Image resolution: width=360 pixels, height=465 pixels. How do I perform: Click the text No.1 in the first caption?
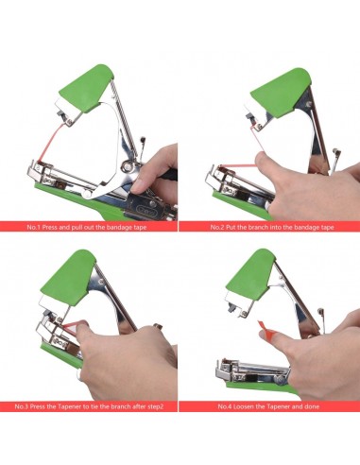(34, 227)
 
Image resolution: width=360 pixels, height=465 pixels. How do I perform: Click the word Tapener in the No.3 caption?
(70, 406)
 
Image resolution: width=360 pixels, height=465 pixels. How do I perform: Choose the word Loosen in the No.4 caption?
(244, 406)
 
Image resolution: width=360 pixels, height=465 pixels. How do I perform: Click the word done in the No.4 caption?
(312, 406)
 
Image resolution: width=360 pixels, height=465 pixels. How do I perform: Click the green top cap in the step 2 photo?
(281, 93)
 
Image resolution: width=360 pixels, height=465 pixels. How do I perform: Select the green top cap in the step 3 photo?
(68, 277)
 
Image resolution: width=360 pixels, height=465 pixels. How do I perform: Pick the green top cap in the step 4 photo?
(251, 275)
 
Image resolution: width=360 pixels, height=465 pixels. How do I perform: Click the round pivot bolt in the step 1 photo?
(128, 165)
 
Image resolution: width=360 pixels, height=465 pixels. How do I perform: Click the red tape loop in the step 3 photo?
(70, 326)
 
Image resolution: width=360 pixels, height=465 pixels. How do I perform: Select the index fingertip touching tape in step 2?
(262, 159)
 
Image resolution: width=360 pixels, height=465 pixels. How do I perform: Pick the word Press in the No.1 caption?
(49, 227)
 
